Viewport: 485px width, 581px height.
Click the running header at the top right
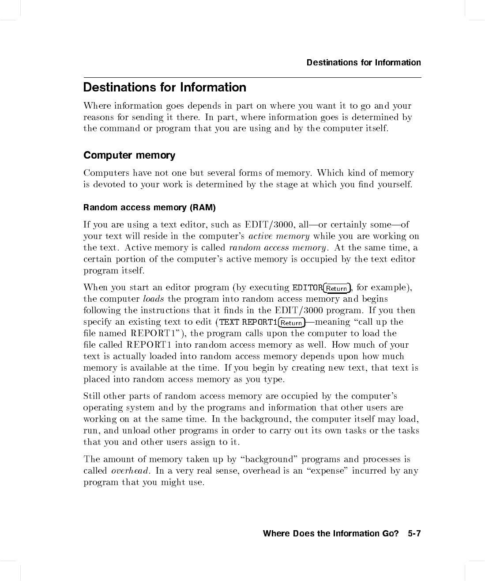(x=364, y=62)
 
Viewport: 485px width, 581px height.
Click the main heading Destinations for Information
(x=165, y=87)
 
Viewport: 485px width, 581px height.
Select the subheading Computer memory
(x=129, y=156)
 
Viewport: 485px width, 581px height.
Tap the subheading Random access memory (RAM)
(x=150, y=208)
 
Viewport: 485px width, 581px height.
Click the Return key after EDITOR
(x=337, y=289)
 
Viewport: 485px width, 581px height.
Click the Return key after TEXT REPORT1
(x=292, y=323)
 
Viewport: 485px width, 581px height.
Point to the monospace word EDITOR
(x=308, y=288)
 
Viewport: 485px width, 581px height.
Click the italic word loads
(x=154, y=299)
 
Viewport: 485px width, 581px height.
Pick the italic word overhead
(x=130, y=471)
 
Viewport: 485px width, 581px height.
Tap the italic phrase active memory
(x=279, y=236)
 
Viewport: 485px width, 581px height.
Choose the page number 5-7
(x=414, y=534)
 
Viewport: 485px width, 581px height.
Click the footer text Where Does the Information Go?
(x=331, y=534)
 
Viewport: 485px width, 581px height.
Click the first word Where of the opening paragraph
(x=97, y=106)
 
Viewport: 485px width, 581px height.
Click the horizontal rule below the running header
(x=252, y=78)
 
